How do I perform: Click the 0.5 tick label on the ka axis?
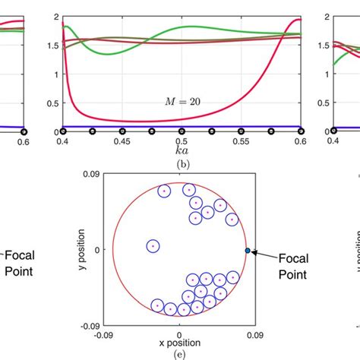tap(181, 141)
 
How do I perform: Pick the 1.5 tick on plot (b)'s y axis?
tap(50, 46)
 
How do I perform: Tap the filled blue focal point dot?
tap(247, 250)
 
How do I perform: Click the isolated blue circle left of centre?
tap(153, 246)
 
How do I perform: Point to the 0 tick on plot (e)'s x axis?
tap(180, 332)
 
